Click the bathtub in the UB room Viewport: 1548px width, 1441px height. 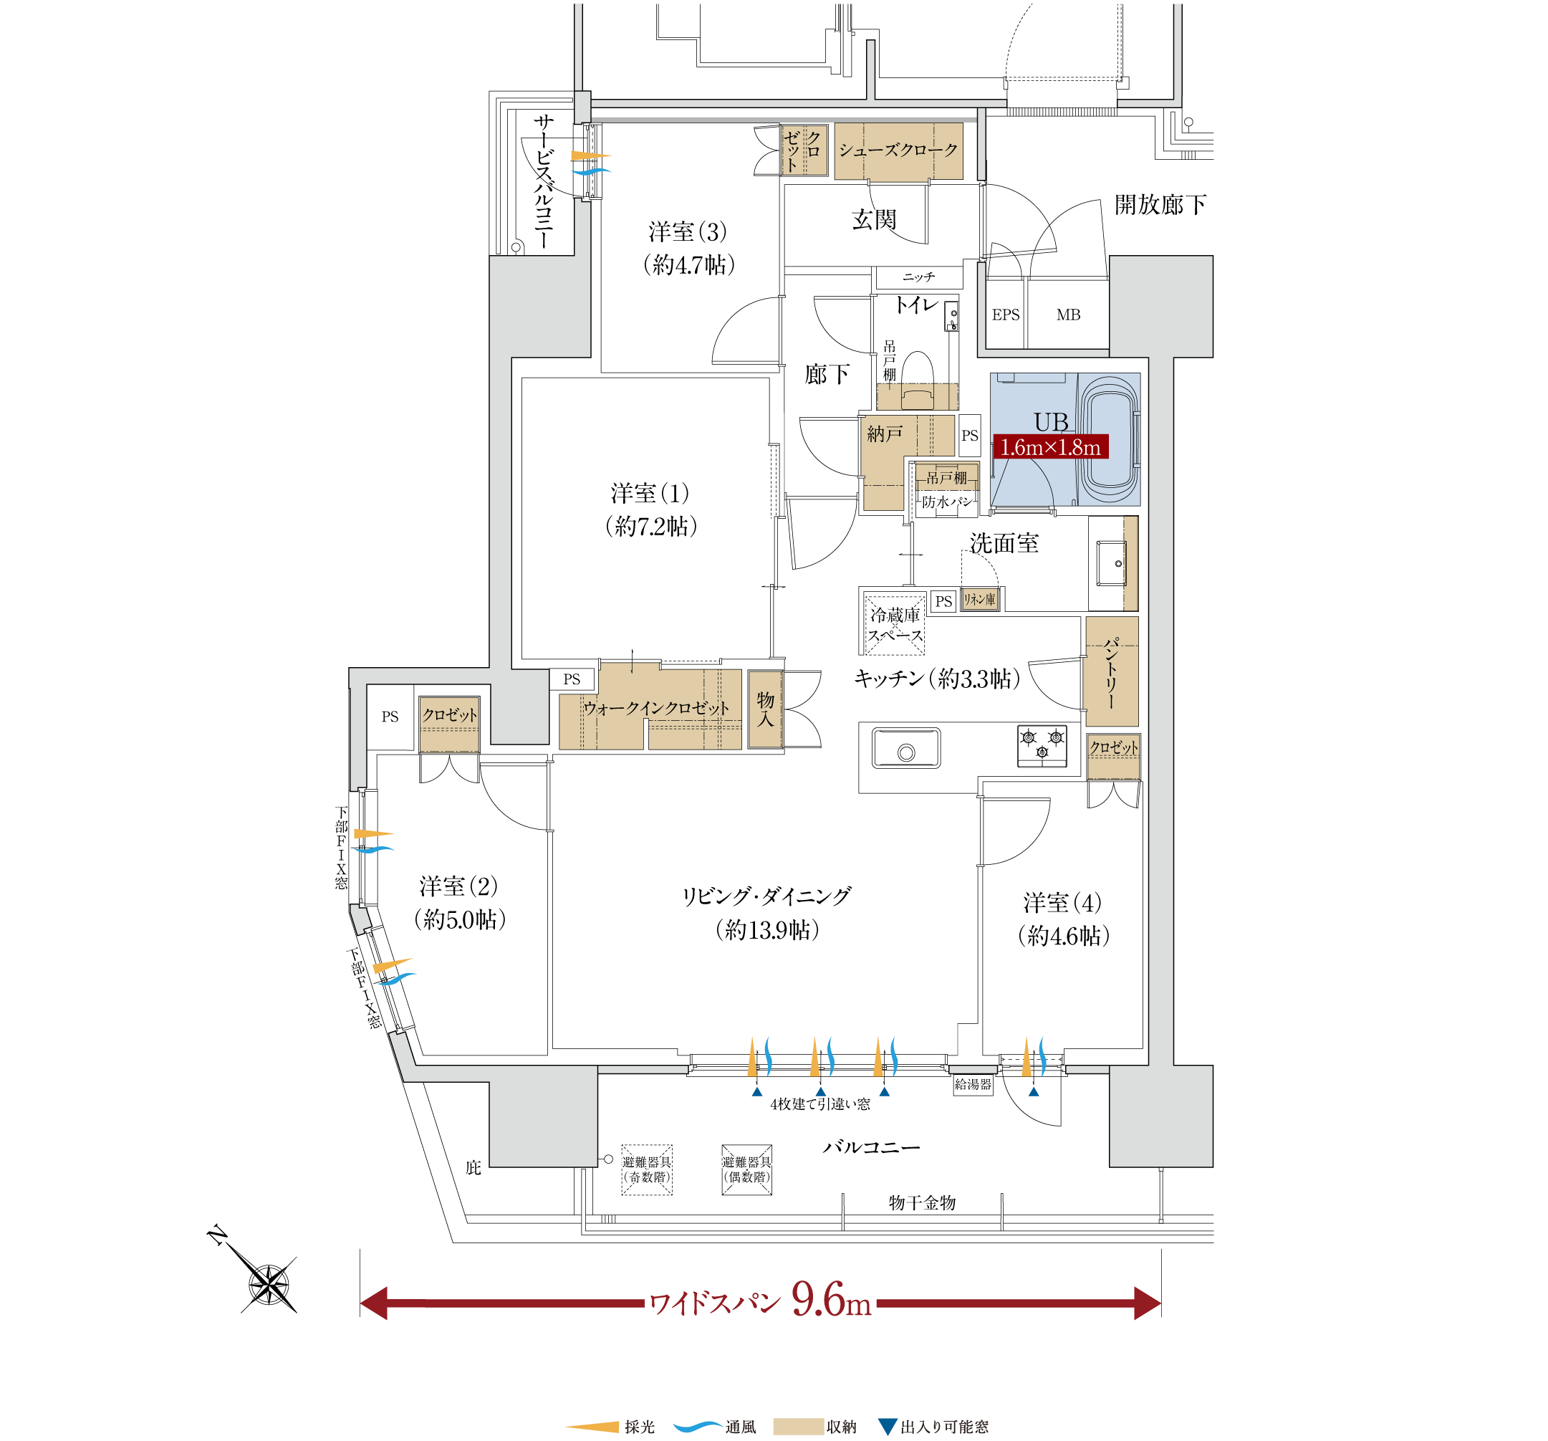[1110, 439]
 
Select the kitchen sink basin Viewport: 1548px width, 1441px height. [905, 748]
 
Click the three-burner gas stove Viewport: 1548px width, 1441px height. [1042, 745]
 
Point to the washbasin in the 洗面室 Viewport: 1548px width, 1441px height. [1111, 563]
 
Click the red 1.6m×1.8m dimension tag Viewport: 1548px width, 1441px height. [1050, 447]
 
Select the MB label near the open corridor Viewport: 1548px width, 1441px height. [1068, 315]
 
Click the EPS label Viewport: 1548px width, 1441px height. [1005, 315]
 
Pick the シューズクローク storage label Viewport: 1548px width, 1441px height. [898, 150]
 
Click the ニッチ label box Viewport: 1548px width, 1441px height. [919, 277]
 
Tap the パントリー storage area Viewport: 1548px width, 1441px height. [1111, 671]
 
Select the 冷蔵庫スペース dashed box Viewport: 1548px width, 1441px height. [895, 624]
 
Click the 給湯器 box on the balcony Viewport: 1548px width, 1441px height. [973, 1084]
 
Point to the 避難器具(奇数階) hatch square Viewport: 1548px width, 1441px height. [646, 1169]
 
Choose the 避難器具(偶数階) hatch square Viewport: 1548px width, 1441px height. [746, 1169]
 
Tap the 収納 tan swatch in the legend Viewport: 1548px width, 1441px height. [798, 1426]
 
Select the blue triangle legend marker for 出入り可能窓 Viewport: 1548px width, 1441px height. [887, 1426]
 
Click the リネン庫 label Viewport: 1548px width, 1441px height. [979, 599]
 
